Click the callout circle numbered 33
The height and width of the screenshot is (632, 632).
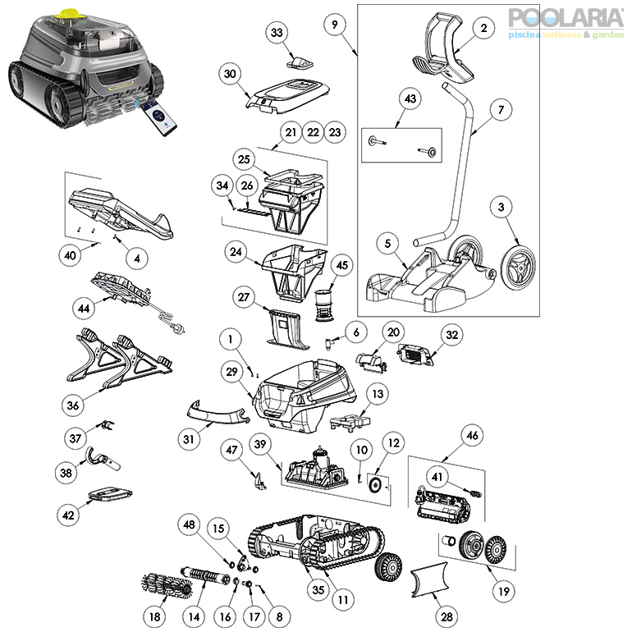point(277,32)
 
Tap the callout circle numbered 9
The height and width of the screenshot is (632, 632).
point(335,25)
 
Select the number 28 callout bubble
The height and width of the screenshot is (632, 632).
point(447,616)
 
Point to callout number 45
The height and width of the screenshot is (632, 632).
point(341,265)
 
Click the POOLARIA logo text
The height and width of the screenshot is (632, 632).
point(566,18)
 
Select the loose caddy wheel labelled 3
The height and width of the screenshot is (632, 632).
point(518,267)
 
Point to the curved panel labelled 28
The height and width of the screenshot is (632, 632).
point(429,579)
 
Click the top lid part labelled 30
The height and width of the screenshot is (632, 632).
point(287,95)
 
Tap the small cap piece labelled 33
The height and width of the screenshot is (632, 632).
point(300,62)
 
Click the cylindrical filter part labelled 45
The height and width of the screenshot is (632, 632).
point(324,305)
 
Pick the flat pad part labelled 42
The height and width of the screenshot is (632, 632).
point(110,494)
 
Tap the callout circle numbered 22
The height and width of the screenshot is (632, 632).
point(314,132)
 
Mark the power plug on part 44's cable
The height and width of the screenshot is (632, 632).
point(177,328)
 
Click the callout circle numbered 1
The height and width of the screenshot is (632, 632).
point(231,339)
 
